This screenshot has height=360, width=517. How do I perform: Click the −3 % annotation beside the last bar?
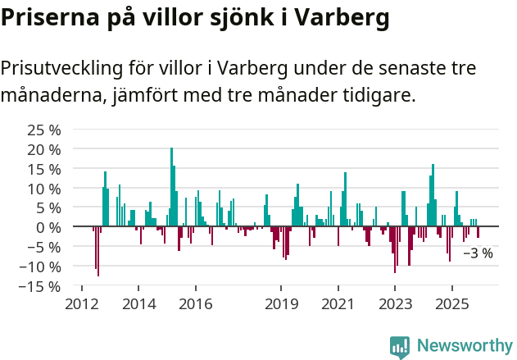(478, 253)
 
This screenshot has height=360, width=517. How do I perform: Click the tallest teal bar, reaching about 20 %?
(171, 187)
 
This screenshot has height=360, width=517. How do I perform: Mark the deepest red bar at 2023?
(395, 249)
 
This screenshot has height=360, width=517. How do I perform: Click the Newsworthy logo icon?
(400, 347)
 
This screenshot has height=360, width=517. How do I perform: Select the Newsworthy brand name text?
(464, 346)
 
